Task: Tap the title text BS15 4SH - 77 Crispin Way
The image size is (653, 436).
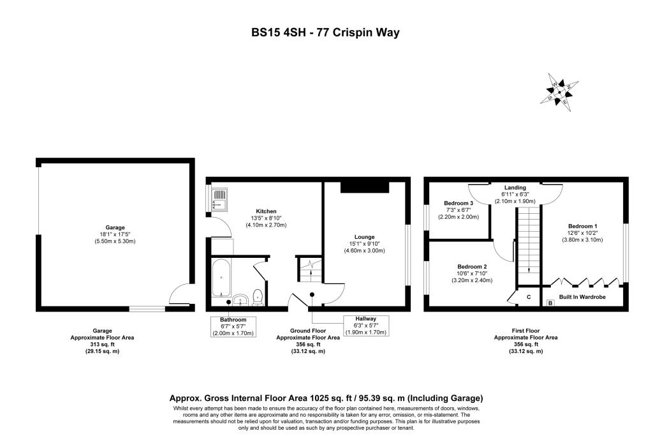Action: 325,32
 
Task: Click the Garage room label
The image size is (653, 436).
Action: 115,227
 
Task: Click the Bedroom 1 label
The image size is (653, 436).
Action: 582,227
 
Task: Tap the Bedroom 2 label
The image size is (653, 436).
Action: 472,266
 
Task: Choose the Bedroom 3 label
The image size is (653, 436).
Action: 457,204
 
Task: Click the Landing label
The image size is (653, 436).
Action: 517,188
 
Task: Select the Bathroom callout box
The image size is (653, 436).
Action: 233,326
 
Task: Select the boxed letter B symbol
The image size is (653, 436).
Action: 550,303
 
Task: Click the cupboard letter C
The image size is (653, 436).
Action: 529,297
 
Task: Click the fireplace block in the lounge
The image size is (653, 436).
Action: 365,186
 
